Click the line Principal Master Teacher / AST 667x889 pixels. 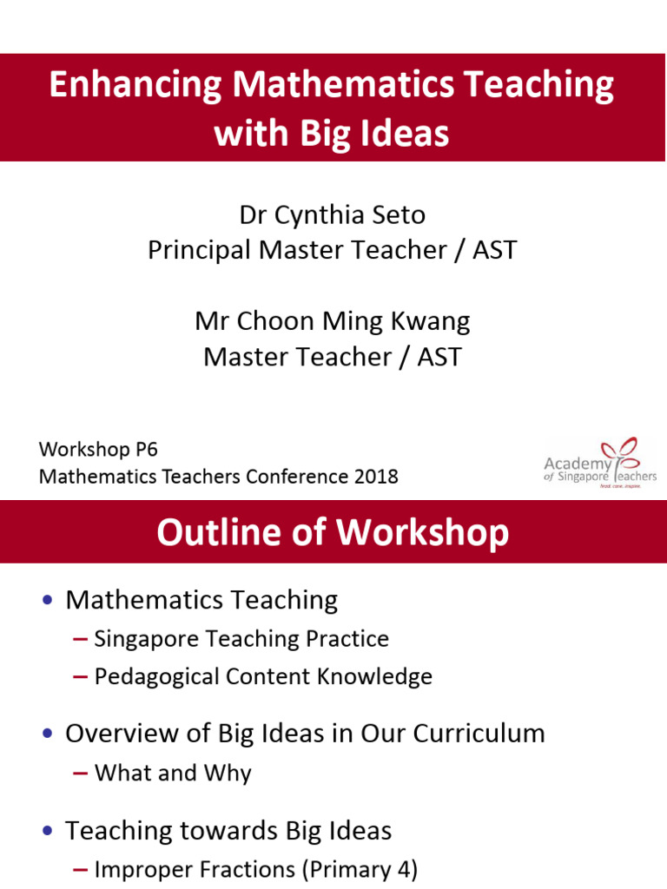(x=332, y=250)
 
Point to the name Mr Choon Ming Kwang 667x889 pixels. (x=332, y=321)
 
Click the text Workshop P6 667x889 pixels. (x=98, y=449)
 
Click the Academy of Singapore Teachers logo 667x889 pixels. (x=600, y=464)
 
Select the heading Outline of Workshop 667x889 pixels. (x=332, y=532)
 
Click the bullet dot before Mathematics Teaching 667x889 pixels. (x=48, y=600)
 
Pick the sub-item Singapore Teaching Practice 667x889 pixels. (x=241, y=639)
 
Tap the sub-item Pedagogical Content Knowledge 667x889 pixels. (x=262, y=676)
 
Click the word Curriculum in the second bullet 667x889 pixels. (x=479, y=733)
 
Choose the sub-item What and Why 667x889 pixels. (x=172, y=772)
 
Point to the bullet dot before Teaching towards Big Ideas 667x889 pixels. (x=48, y=831)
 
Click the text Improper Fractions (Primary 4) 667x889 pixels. (x=255, y=869)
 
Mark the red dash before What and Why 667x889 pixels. (x=81, y=773)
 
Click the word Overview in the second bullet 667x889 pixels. (x=123, y=733)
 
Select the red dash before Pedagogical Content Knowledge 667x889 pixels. (x=81, y=677)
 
